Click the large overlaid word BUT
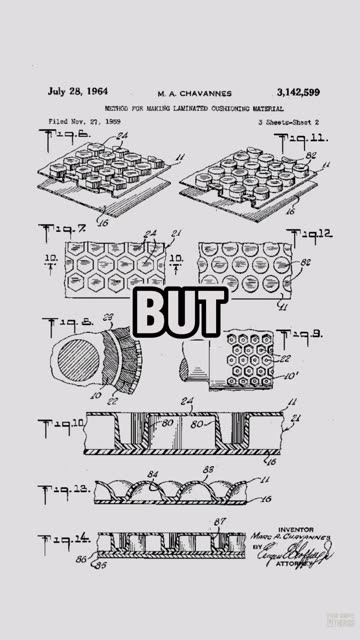(x=180, y=314)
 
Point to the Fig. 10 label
(x=63, y=425)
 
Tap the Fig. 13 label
(x=63, y=493)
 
